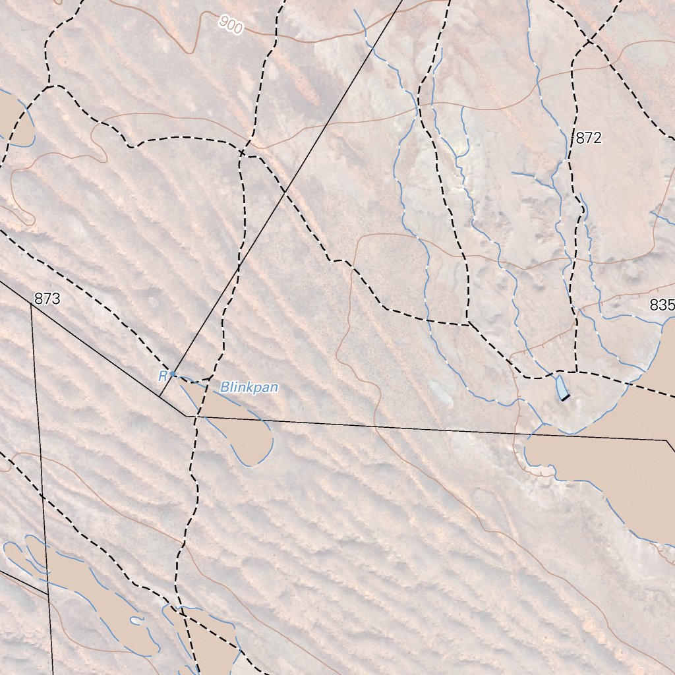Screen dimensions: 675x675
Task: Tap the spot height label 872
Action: click(x=589, y=138)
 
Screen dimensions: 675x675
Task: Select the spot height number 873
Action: click(x=47, y=299)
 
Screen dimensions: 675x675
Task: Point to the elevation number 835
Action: click(x=662, y=305)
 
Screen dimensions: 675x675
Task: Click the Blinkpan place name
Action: click(x=249, y=388)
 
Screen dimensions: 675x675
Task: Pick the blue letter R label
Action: click(x=162, y=376)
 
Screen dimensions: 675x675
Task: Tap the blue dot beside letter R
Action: click(x=173, y=374)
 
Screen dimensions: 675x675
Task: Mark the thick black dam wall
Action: click(x=565, y=397)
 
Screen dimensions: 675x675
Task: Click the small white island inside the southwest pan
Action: click(x=136, y=620)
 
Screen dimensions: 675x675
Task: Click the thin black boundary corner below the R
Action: click(x=187, y=416)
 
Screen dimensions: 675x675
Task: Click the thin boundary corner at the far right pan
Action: click(x=666, y=440)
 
